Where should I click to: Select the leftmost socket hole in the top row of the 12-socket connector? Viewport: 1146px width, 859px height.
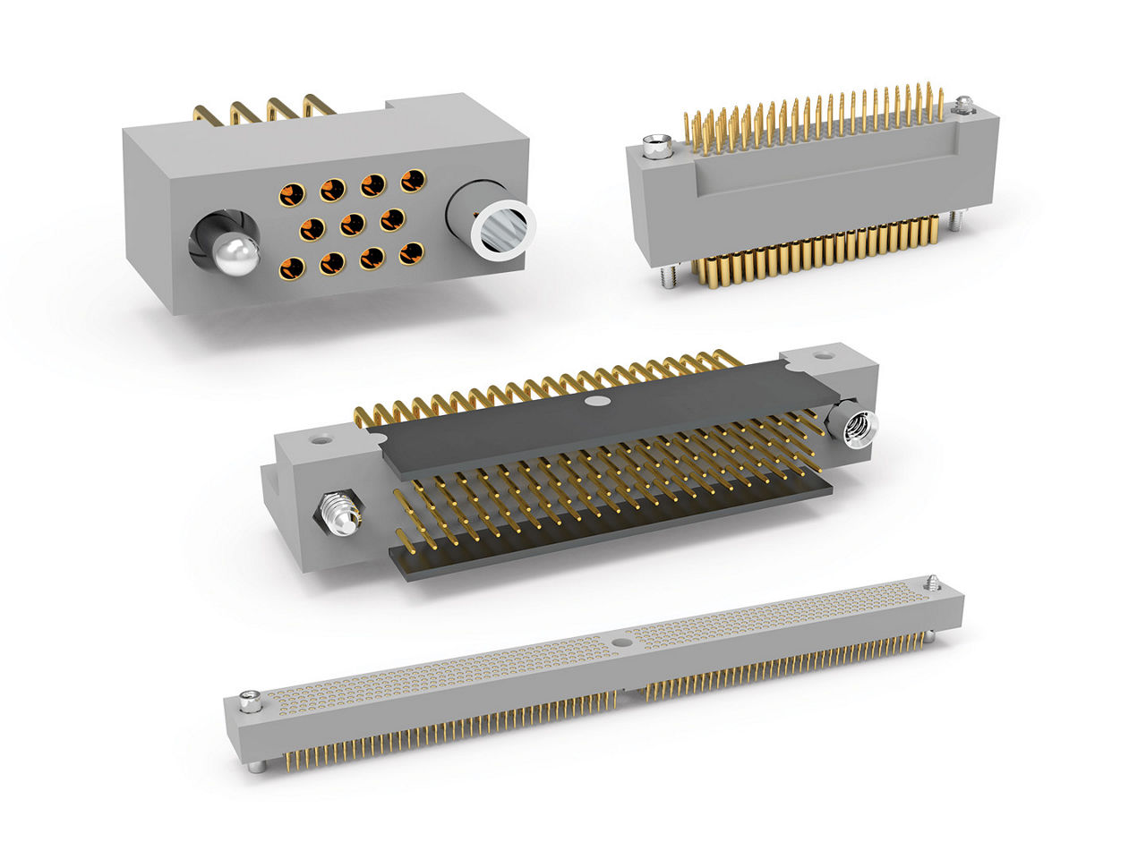[292, 192]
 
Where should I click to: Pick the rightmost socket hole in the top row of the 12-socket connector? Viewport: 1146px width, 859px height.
[412, 180]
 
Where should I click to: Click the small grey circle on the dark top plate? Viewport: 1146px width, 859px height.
[593, 402]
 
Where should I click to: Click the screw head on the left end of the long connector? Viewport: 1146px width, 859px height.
[250, 704]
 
